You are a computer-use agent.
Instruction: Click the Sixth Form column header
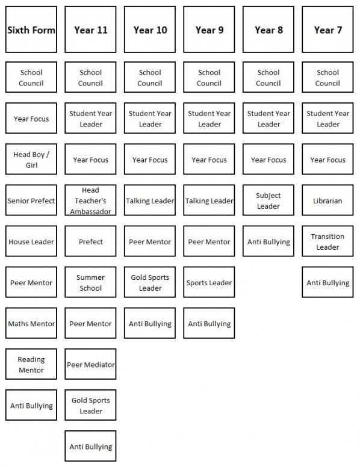coord(31,29)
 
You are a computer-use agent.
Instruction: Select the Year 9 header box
coord(209,29)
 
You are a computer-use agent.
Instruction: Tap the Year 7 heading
coord(327,29)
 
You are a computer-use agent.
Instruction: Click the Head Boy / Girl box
coord(31,159)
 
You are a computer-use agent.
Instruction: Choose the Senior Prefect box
coord(31,200)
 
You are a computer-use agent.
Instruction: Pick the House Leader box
coord(31,241)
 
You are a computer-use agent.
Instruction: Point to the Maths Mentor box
coord(31,323)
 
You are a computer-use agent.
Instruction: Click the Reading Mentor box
coord(31,364)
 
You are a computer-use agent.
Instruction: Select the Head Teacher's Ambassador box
coord(90,200)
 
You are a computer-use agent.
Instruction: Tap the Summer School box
coord(90,282)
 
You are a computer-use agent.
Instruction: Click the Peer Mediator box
coord(90,364)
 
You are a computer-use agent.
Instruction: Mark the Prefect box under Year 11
coord(90,241)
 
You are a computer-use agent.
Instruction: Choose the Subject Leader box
coord(268,200)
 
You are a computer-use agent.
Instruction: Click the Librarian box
coord(327,200)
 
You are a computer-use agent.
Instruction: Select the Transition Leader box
coord(327,241)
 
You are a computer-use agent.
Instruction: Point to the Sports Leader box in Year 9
coord(209,282)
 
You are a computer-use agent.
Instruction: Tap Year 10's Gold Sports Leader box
coord(150,282)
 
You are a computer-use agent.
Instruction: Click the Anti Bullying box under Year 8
coord(268,241)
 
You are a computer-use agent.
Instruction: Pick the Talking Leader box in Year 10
coord(150,200)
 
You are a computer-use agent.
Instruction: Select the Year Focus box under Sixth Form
coord(31,118)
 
